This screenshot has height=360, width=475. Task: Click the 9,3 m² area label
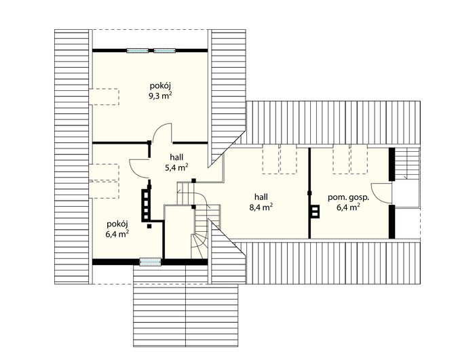point(160,96)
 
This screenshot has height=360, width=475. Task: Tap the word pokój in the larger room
point(160,86)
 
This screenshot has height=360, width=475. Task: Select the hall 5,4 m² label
point(176,162)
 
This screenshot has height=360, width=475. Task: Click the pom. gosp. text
point(348,198)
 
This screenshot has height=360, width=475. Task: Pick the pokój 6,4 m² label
point(117,229)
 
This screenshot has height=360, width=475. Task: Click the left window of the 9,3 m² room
point(138,51)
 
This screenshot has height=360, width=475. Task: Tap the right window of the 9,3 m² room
point(164,51)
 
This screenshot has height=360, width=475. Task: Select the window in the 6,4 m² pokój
point(150,261)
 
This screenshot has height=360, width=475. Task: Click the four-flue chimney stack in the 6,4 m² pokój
point(146,205)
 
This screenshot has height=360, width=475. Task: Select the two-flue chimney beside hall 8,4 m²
point(315,211)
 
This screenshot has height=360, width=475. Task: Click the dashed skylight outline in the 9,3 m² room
point(104,96)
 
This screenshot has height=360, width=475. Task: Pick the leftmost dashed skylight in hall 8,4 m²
point(270,159)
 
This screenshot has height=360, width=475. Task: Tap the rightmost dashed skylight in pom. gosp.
point(359,159)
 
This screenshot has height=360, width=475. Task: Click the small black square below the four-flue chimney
point(149,226)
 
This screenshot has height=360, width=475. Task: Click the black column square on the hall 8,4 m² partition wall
point(309,193)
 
